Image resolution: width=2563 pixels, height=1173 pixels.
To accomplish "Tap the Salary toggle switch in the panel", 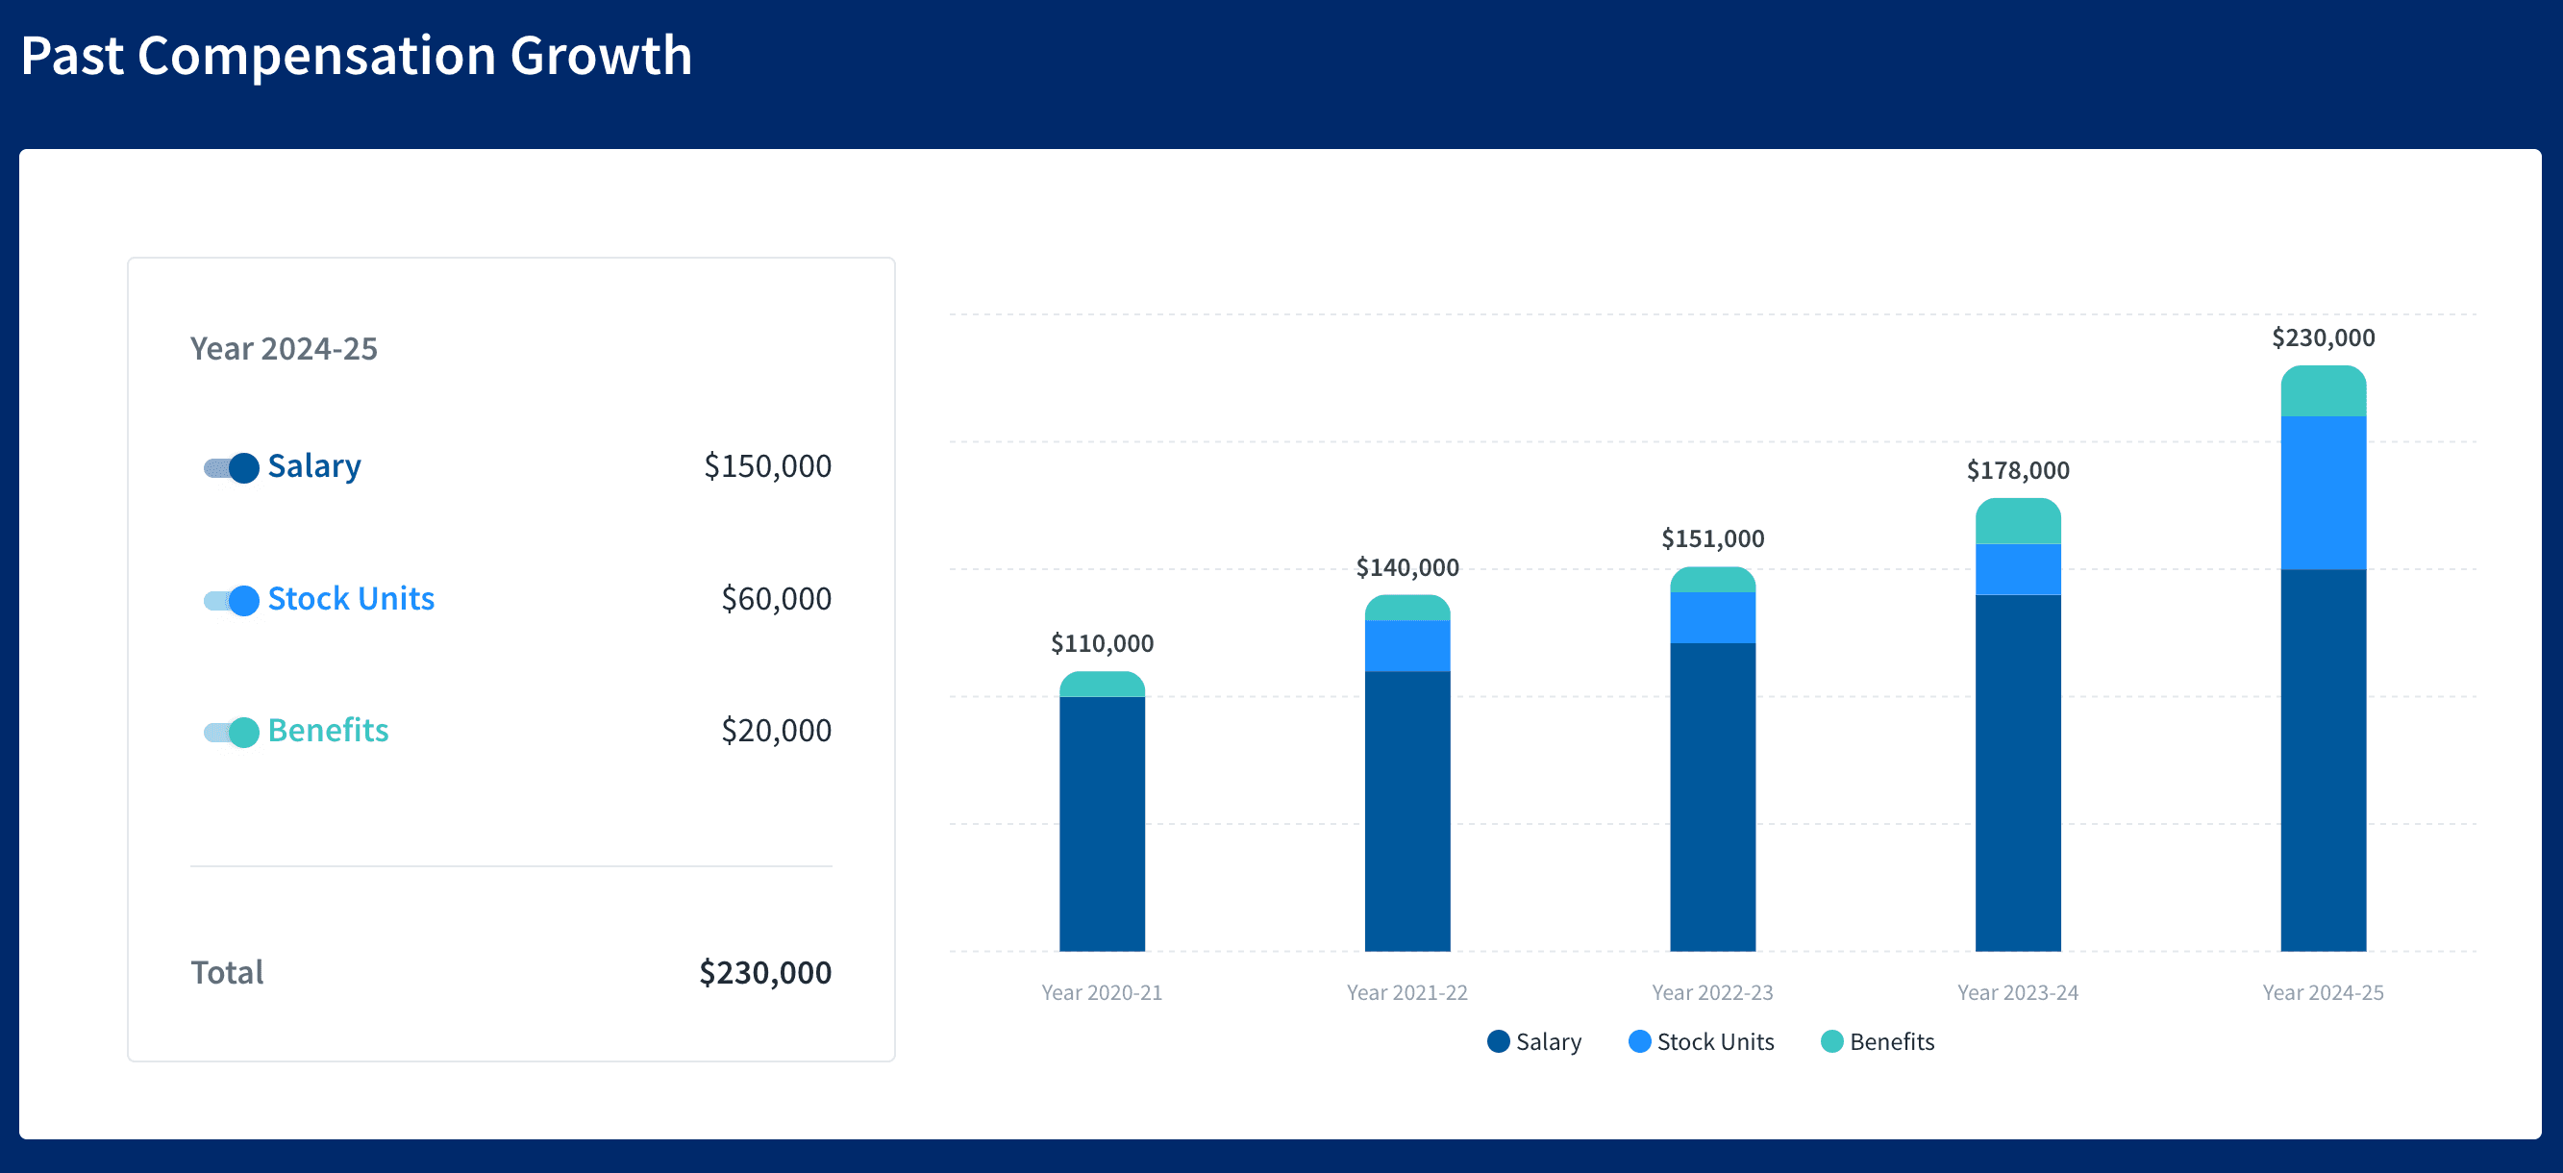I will pos(231,467).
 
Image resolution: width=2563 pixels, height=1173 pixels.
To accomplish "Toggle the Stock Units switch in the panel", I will pos(231,600).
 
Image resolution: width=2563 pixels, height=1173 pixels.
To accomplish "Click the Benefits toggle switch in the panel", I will pos(231,733).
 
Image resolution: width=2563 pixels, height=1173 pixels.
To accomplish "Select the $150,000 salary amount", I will pos(766,466).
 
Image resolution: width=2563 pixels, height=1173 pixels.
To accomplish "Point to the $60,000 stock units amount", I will pos(775,599).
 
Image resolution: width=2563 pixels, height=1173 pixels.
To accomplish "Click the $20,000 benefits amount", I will pos(775,732).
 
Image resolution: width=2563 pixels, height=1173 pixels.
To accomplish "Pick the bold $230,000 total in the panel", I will pos(764,973).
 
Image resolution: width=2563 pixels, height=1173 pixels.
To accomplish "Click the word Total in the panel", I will pos(227,973).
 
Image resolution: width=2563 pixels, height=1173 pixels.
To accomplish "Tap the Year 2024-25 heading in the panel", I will pos(284,349).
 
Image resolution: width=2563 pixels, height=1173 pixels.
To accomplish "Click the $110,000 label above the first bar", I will pos(1102,643).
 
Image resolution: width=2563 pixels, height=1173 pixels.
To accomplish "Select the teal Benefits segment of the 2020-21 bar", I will pos(1102,685).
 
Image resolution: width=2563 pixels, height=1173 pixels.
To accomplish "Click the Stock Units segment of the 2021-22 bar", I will pos(1406,646).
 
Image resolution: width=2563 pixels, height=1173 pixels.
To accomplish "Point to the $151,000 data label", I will pos(1712,539).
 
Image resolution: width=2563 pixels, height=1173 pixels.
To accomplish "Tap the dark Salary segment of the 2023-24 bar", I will pos(2018,771).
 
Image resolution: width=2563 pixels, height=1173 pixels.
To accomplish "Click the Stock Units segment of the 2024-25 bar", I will pos(2324,492).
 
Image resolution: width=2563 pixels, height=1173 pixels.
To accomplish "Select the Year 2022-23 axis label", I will pos(1712,993).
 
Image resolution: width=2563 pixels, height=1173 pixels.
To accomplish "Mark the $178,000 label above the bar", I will pos(2018,470).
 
